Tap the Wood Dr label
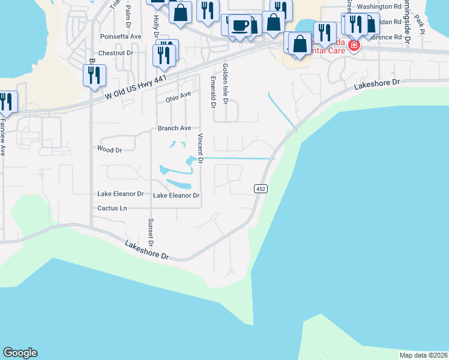click(109, 148)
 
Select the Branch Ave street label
click(174, 128)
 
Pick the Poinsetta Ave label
click(121, 37)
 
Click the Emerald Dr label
click(212, 92)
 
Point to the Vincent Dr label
click(201, 149)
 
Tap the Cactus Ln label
click(112, 208)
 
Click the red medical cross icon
click(354, 46)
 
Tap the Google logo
click(20, 353)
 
